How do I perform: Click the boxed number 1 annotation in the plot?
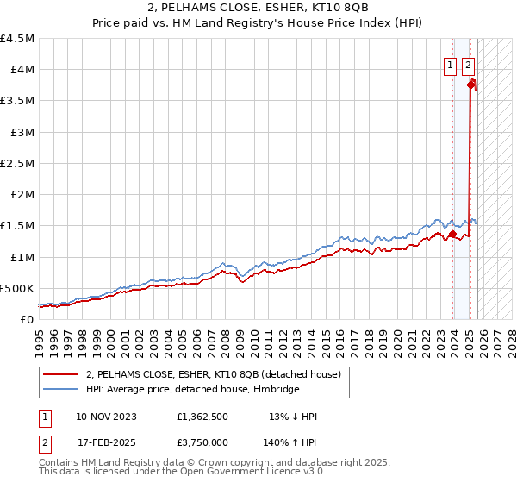pyautogui.click(x=451, y=63)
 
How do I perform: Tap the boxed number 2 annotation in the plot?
pyautogui.click(x=468, y=63)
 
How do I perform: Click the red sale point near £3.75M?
pyautogui.click(x=471, y=85)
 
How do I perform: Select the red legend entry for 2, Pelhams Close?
pyautogui.click(x=214, y=374)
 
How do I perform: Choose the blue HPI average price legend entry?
pyautogui.click(x=192, y=390)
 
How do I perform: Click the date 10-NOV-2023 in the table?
pyautogui.click(x=107, y=417)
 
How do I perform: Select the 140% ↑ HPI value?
pyautogui.click(x=291, y=442)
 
